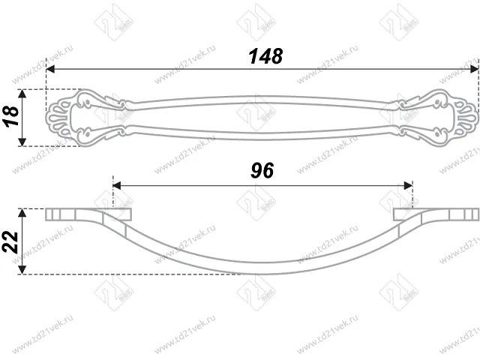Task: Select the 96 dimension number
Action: pos(261,170)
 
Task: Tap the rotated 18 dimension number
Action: pos(10,117)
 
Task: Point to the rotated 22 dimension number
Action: pos(10,241)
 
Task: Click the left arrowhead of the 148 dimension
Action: pos(50,69)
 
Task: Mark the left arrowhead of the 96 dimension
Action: pos(116,184)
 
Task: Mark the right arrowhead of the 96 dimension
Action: pos(409,184)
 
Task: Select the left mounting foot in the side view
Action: pos(71,214)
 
